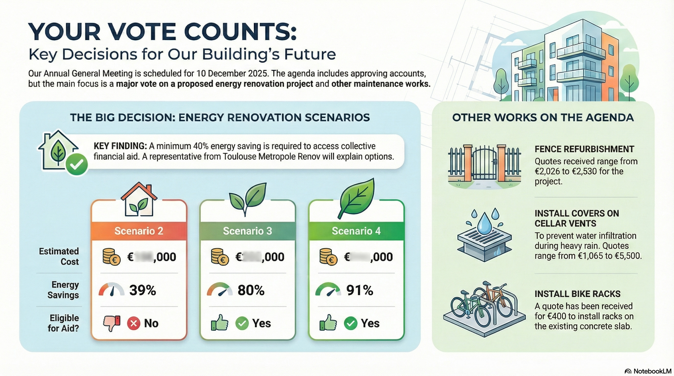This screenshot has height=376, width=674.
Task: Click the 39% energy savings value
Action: pos(143,290)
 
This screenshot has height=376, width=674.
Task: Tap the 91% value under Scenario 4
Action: pos(360,290)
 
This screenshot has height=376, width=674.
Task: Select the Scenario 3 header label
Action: pos(248,231)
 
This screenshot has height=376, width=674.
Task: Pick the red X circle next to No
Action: pos(133,323)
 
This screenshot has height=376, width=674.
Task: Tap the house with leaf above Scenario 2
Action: pos(139,200)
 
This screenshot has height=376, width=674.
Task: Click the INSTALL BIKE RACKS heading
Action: pos(578,294)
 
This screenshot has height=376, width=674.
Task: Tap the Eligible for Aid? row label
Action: pos(64,323)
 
